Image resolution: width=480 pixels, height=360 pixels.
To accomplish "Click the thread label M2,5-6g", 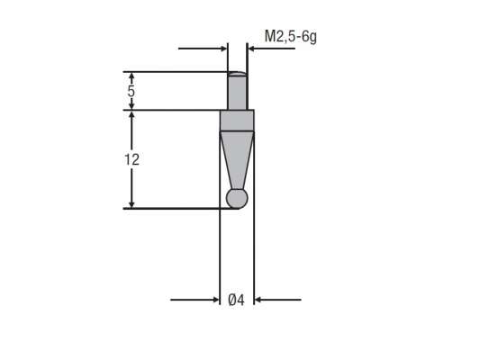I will [x=290, y=37].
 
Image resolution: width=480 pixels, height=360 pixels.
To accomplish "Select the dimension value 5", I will [x=131, y=92].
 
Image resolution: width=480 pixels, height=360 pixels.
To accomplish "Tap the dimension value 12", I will [x=131, y=158].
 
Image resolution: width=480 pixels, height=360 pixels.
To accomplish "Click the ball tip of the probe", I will [x=237, y=198].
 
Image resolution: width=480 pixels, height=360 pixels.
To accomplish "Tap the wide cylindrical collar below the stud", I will [x=238, y=120].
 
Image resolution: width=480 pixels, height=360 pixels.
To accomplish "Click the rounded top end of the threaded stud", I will [x=238, y=75].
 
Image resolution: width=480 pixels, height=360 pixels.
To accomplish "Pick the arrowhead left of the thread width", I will [x=222, y=49].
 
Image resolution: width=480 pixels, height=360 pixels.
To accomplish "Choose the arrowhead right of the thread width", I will [x=253, y=49].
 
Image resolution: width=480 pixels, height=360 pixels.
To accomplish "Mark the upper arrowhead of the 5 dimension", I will [x=131, y=76].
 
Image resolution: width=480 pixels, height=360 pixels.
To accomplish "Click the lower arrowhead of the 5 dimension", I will [x=131, y=106].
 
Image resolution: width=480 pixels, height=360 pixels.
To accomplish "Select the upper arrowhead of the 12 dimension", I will [x=131, y=116].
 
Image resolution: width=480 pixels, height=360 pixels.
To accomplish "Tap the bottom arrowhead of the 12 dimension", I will [x=131, y=203].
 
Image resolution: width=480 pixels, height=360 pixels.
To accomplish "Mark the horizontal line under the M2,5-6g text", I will [x=275, y=49].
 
